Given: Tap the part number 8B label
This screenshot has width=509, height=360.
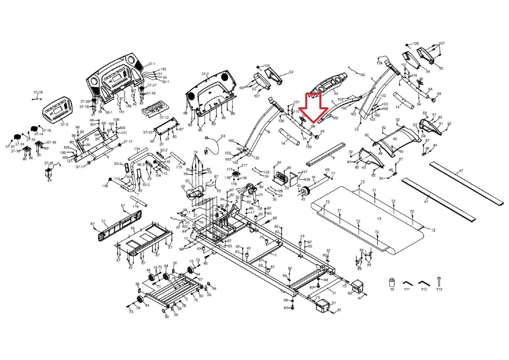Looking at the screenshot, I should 313,126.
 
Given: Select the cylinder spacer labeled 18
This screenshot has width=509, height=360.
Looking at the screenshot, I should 392,282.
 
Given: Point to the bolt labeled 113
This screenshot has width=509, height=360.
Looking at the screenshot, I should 439,281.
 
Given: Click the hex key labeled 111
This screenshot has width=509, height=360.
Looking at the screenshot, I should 407,283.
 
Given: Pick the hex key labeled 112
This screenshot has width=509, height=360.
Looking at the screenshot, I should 423,283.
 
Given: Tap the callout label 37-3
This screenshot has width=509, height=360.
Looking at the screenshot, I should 64,124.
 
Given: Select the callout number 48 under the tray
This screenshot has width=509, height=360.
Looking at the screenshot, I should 336,94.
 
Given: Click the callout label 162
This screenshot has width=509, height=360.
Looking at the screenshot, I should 362,75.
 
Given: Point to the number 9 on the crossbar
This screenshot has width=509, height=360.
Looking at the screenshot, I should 333,158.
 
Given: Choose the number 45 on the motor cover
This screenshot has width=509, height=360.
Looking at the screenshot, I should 395,139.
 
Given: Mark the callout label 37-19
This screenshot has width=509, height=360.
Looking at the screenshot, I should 38,92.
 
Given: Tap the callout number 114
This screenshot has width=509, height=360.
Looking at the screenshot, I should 137,149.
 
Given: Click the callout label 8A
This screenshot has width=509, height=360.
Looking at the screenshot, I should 430,90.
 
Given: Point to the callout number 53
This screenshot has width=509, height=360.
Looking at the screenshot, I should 291,72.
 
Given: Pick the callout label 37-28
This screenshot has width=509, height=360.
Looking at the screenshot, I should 49,163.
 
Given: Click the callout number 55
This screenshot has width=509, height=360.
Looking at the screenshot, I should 441,68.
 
